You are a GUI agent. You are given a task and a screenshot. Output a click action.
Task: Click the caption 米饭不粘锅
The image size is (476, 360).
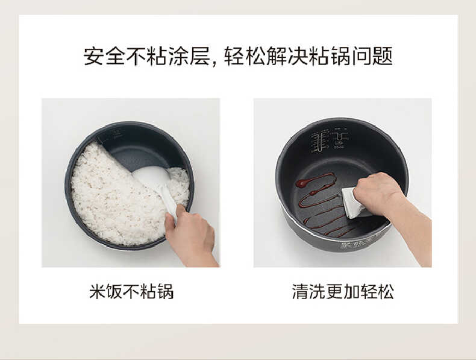pos(131,292)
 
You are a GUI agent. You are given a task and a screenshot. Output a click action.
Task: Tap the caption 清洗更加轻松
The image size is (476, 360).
pos(343,292)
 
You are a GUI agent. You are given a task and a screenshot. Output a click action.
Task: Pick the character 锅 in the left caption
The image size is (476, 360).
pos(165,292)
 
